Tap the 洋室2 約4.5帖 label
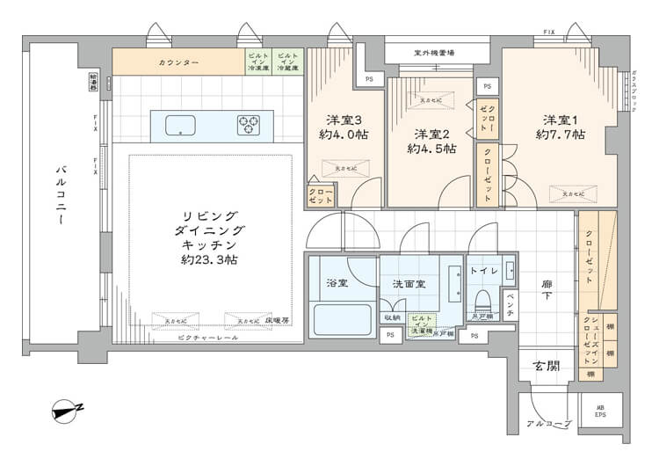click(431, 142)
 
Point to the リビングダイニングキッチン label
click(209, 237)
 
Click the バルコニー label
click(60, 194)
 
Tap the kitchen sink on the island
click(180, 125)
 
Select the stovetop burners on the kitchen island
click(249, 125)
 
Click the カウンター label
click(178, 63)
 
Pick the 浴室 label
click(337, 283)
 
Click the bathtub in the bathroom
click(341, 317)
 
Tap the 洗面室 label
click(409, 283)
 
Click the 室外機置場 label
click(434, 53)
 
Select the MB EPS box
click(601, 410)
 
